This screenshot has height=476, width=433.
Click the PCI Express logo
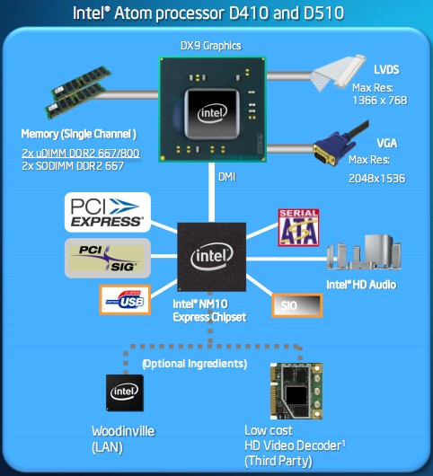pos(108,212)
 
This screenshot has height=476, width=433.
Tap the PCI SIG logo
pos(108,258)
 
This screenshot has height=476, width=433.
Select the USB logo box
pos(125,300)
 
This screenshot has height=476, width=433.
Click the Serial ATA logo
pos(298,227)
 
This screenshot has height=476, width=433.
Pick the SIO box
pos(297,305)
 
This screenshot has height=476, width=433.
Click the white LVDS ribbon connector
pos(340,72)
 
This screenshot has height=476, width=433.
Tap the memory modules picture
pos(78,93)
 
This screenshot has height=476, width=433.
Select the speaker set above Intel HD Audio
pos(364,252)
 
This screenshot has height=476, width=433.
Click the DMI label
pos(226,177)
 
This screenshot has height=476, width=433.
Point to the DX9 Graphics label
pos(211,46)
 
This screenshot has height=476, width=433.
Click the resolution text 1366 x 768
pos(380,101)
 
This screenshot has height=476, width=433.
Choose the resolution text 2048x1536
pos(376,179)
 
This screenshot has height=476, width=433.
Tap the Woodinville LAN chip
pos(125,392)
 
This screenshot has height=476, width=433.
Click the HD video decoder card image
pos(296,391)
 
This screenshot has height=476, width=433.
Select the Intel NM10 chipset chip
pos(212,257)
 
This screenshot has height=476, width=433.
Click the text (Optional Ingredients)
pos(195,364)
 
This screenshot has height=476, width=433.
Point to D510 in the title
pos(323,13)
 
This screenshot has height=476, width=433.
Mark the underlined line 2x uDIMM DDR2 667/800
pos(81,154)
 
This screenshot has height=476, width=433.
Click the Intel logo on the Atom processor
pos(212,113)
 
